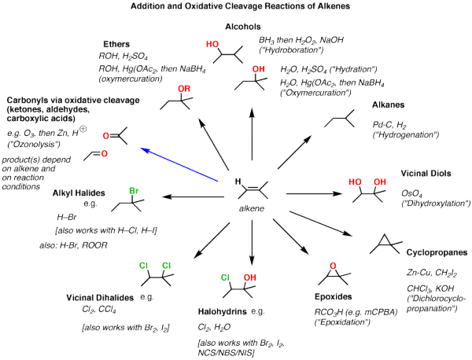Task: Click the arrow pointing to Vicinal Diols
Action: click(x=311, y=193)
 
